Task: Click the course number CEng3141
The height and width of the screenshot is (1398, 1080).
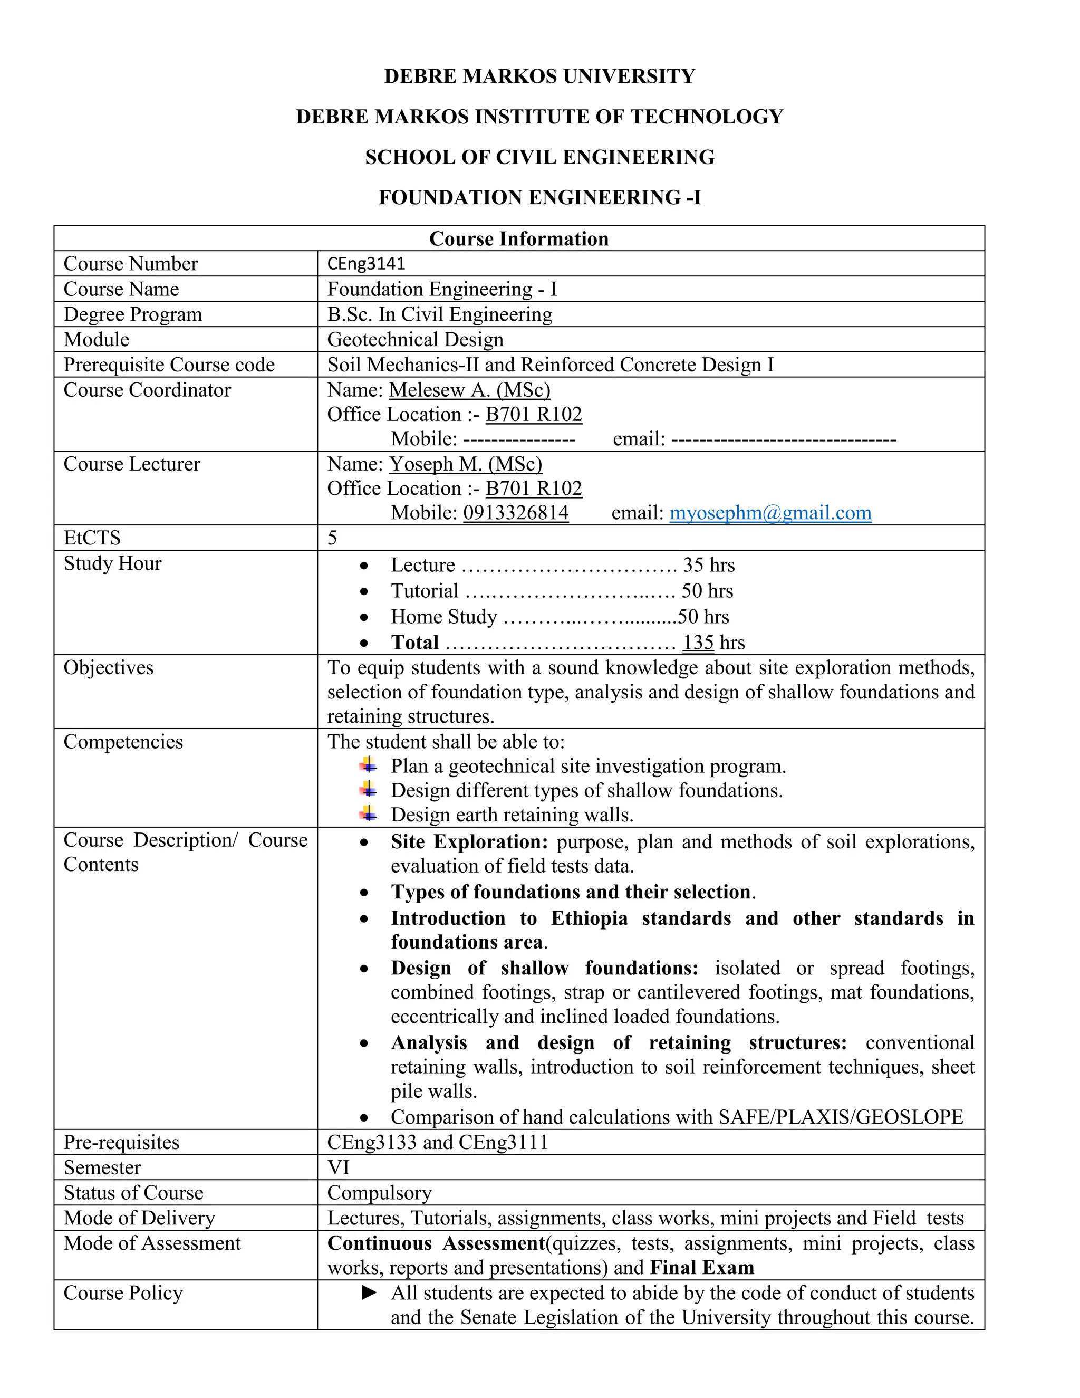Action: click(x=366, y=264)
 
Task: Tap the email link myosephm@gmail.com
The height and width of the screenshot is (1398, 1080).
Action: click(x=770, y=513)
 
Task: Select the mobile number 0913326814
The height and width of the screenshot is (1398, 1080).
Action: click(x=516, y=513)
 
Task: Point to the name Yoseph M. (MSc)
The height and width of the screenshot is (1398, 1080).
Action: click(x=465, y=464)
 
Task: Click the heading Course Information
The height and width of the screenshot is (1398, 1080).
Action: click(x=518, y=239)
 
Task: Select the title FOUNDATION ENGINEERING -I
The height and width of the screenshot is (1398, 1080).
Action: click(x=539, y=197)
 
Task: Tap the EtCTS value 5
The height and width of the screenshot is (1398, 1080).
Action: click(x=332, y=538)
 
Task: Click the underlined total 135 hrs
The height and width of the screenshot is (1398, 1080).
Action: click(x=713, y=643)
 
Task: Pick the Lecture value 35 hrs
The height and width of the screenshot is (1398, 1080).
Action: click(x=708, y=565)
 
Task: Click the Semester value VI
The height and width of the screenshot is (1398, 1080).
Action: click(x=338, y=1167)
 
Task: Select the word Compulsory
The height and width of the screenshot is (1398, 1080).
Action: click(x=379, y=1193)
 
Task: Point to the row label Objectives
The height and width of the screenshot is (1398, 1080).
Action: click(x=109, y=668)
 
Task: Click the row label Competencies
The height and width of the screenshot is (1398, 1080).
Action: click(x=123, y=742)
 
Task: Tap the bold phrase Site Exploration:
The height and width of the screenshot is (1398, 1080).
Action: click(x=469, y=842)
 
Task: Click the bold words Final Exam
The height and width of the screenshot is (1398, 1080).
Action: click(x=701, y=1268)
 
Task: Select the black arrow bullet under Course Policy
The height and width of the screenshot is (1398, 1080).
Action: click(x=369, y=1293)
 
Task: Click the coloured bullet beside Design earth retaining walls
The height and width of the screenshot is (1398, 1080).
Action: click(x=368, y=814)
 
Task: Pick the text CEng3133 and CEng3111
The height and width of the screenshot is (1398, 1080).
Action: click(x=438, y=1143)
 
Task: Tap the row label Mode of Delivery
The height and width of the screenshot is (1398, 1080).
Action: click(x=139, y=1218)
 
